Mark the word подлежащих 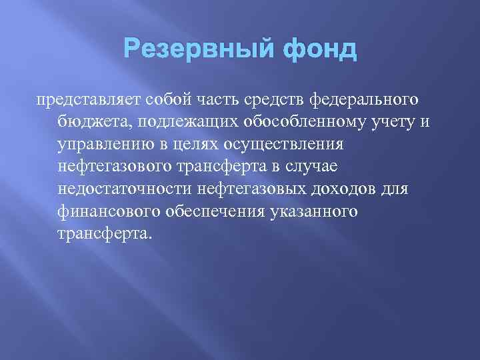click(x=171, y=123)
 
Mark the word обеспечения click(x=219, y=211)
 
